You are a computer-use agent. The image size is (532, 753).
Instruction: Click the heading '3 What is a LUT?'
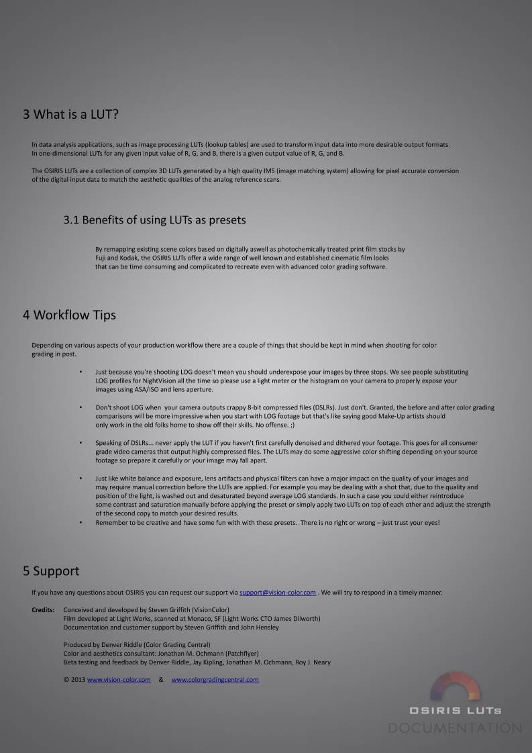point(70,115)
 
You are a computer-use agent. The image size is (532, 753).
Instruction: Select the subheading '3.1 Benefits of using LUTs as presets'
point(154,220)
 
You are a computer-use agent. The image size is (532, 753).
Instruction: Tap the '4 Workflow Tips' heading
point(69,315)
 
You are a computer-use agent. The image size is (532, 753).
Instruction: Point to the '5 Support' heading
point(51,571)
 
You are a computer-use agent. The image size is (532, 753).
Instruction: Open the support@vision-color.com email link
point(277,593)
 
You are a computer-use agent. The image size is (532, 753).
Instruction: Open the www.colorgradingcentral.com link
point(215,680)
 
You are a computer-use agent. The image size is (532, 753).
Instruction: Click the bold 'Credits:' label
point(43,610)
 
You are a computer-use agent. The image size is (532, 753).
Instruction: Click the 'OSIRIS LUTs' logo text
point(456,710)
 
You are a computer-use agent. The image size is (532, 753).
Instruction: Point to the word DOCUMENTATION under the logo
point(455,728)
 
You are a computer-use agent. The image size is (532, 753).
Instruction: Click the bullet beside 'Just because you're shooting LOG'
point(81,372)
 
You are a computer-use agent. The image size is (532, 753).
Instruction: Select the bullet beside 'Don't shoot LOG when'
point(81,407)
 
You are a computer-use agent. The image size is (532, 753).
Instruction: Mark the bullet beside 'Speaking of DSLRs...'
point(81,443)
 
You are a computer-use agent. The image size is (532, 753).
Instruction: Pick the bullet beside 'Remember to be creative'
point(81,522)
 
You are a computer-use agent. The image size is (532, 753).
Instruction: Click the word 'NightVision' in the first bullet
point(150,381)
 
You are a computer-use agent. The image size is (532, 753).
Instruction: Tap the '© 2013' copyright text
point(74,680)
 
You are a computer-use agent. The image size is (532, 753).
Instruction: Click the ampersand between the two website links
point(161,680)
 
